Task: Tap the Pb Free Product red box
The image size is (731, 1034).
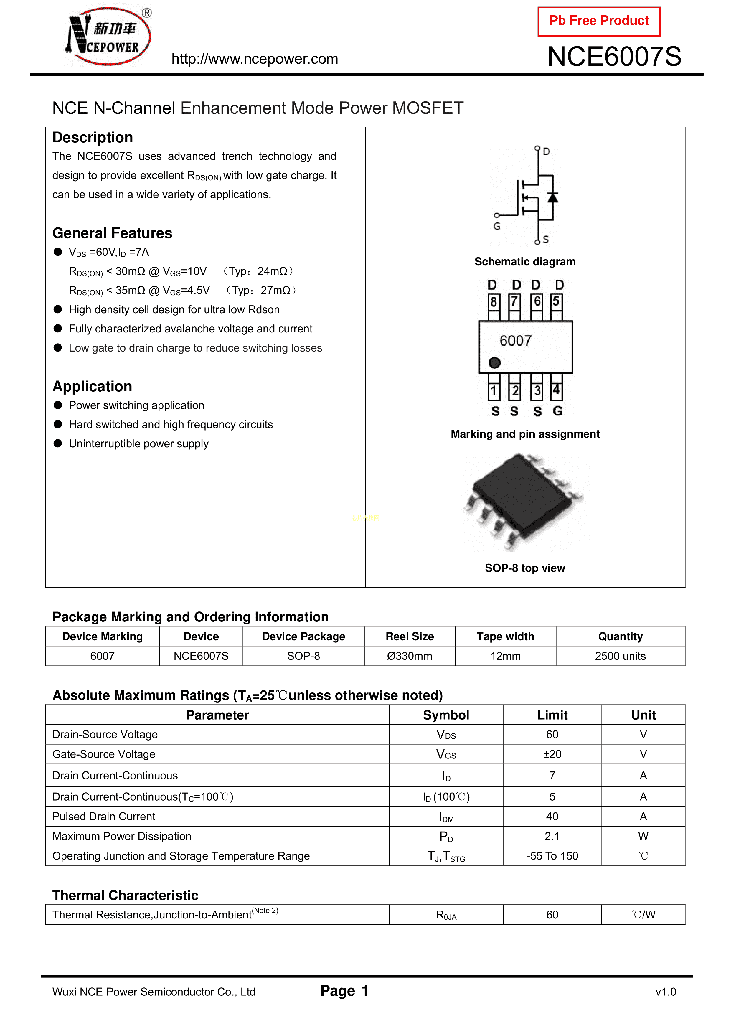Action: coord(599,21)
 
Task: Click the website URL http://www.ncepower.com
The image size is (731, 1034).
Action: coord(255,59)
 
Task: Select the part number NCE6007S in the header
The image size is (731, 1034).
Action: coord(614,57)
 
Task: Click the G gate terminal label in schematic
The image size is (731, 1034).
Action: coord(497,226)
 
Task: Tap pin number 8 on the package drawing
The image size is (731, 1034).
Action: coord(494,302)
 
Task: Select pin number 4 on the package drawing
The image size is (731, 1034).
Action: coord(556,390)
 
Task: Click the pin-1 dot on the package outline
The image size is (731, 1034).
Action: coord(494,362)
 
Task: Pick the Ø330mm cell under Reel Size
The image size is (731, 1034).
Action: coord(410,656)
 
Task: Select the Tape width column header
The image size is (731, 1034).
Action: coord(505,636)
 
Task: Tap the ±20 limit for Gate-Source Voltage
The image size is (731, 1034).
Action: coord(552,754)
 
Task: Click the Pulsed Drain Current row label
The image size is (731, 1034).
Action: coord(104,817)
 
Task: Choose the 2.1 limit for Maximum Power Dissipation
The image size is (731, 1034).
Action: coord(552,836)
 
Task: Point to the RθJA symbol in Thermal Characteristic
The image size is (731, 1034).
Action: coord(446,915)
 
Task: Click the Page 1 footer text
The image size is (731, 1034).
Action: coord(344,991)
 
